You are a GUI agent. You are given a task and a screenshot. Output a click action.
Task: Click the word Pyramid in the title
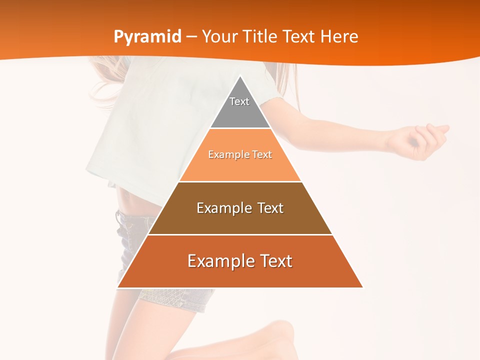coord(147,37)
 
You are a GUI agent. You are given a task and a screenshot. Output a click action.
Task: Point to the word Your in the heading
coord(219,36)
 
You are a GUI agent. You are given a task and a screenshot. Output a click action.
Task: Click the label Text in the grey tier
coord(239,101)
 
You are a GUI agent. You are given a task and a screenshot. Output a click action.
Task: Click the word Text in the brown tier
coord(268,208)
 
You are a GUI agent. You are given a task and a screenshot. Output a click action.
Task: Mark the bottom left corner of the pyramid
coord(118,287)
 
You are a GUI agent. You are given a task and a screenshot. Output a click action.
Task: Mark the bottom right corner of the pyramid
coord(362,287)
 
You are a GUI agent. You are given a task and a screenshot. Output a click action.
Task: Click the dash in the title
coord(191,37)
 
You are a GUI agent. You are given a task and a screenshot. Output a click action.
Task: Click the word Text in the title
coord(299,36)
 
